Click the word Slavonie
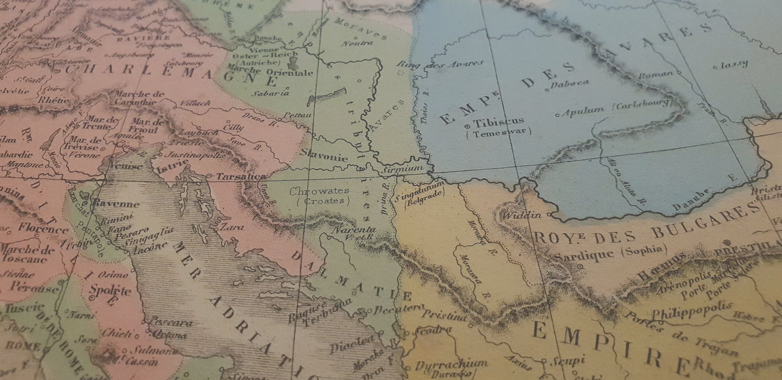[x=325, y=156]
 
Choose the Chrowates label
[x=320, y=190]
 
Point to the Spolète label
[x=110, y=290]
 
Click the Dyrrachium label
[x=451, y=364]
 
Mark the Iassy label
[x=734, y=64]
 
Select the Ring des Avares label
[x=441, y=64]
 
